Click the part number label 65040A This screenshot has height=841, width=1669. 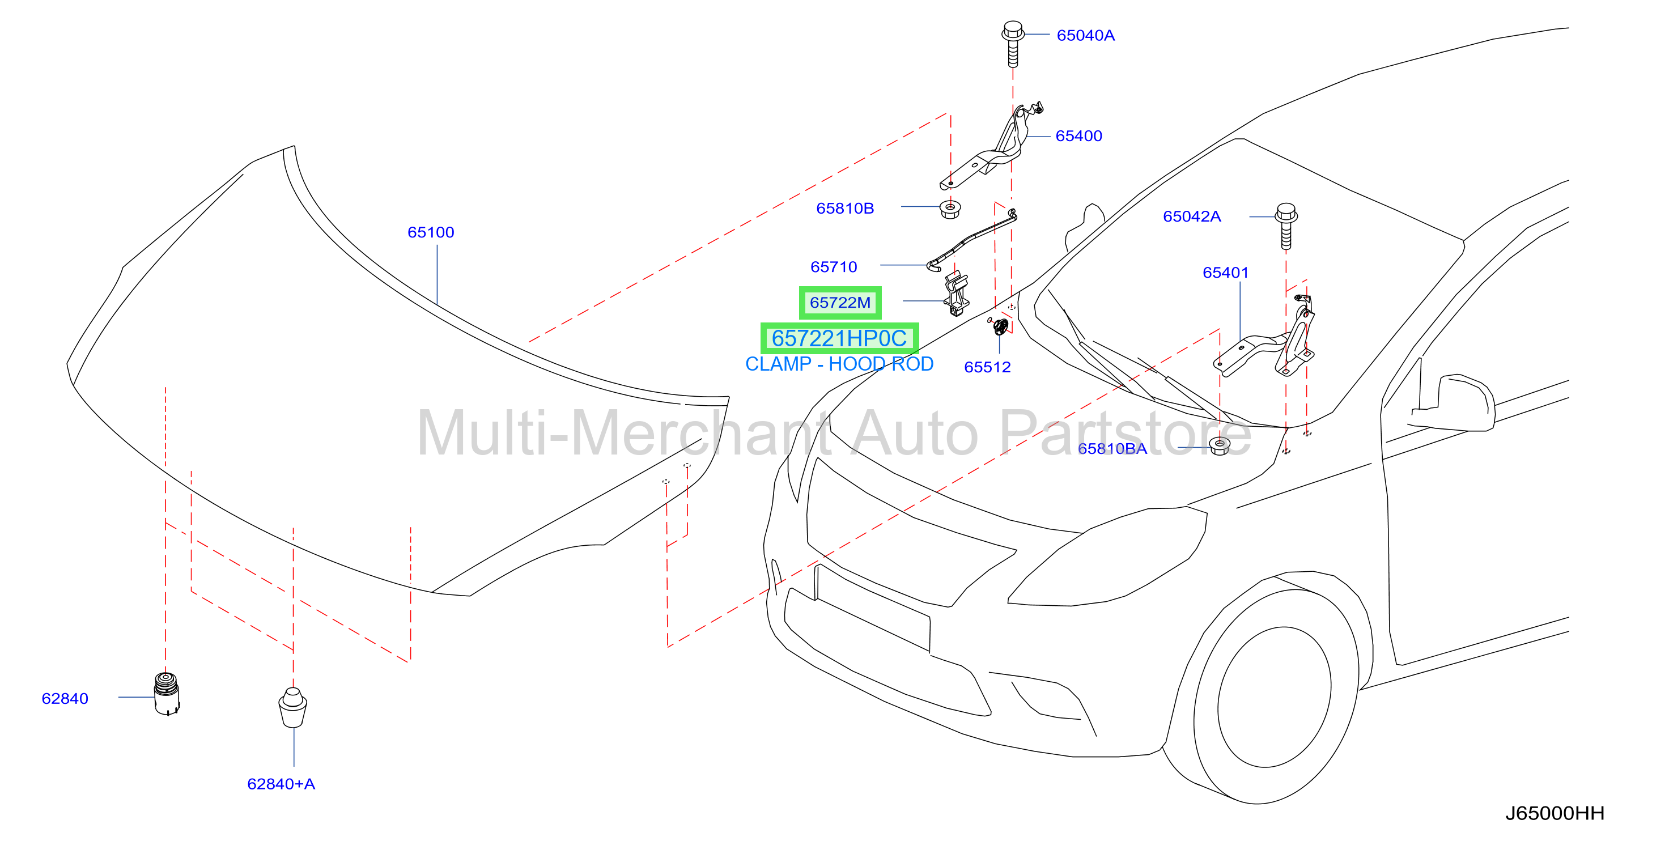coord(1085,36)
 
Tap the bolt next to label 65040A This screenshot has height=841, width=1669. coord(1013,44)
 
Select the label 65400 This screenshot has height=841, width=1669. coord(1079,136)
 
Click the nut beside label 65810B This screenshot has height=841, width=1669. coord(950,209)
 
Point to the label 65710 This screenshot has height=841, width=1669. coord(834,267)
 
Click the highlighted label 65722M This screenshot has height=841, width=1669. coord(840,303)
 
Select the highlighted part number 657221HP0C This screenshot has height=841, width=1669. coord(839,338)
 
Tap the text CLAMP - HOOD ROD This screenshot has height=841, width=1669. coord(839,364)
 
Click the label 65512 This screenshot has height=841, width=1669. coord(987,367)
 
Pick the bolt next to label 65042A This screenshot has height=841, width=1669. coord(1286,226)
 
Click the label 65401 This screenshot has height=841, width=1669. coord(1226,273)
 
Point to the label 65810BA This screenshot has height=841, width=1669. coord(1112,448)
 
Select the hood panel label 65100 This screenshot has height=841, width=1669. coord(431,232)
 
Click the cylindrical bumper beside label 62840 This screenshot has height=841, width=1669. coord(167,693)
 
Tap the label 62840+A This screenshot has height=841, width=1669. coord(281,784)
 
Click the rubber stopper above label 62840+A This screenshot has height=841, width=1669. coord(293,707)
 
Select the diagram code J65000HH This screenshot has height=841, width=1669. coord(1555,813)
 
